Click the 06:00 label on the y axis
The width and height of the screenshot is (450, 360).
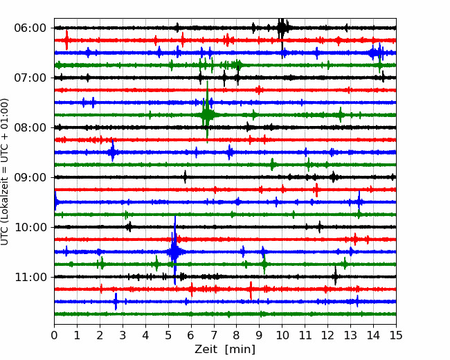[30, 28]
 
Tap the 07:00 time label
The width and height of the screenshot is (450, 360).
[30, 78]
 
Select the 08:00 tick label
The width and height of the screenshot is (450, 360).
[30, 128]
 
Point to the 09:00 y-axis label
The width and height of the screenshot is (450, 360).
[30, 178]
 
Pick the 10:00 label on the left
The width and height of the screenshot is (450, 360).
[30, 227]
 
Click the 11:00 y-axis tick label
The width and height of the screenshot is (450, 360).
[30, 278]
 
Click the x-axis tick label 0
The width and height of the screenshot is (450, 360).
[54, 335]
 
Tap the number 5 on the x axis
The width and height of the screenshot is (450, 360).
[168, 335]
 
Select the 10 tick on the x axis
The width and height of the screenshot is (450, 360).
[282, 335]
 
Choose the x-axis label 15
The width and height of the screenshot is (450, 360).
[396, 335]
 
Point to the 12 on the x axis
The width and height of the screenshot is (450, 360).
[327, 335]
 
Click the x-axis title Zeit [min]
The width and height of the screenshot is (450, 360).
[225, 350]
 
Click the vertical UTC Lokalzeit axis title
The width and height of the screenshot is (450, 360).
[5, 172]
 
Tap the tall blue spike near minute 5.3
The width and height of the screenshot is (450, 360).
[174, 250]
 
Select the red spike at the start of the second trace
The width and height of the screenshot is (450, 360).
[66, 40]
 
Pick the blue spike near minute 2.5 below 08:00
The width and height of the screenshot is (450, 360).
[112, 151]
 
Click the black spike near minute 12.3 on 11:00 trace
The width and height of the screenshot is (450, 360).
[335, 276]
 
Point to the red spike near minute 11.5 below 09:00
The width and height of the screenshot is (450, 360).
[316, 190]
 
